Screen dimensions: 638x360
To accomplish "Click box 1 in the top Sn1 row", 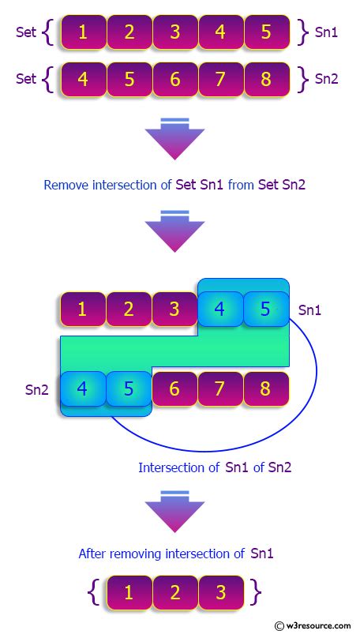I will click(82, 33).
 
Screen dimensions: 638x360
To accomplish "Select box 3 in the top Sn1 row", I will click(174, 33).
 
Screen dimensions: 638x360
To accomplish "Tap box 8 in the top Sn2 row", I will click(267, 79).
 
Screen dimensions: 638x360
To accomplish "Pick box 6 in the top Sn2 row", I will click(174, 79).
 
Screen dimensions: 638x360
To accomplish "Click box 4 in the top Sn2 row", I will click(82, 79).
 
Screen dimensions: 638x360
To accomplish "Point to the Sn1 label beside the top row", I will click(327, 33).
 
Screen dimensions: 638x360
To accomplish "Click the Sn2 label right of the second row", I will click(327, 79).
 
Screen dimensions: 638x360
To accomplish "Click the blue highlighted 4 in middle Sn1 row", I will click(220, 309).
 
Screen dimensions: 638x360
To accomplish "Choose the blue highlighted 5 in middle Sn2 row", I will click(128, 388).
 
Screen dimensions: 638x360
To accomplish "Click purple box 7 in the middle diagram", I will click(220, 388).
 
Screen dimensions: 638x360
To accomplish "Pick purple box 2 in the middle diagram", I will click(128, 309).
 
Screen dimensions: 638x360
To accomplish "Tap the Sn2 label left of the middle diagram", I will click(37, 388).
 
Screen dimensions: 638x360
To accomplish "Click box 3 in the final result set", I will click(220, 591).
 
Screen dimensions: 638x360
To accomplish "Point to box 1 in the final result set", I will click(128, 591).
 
